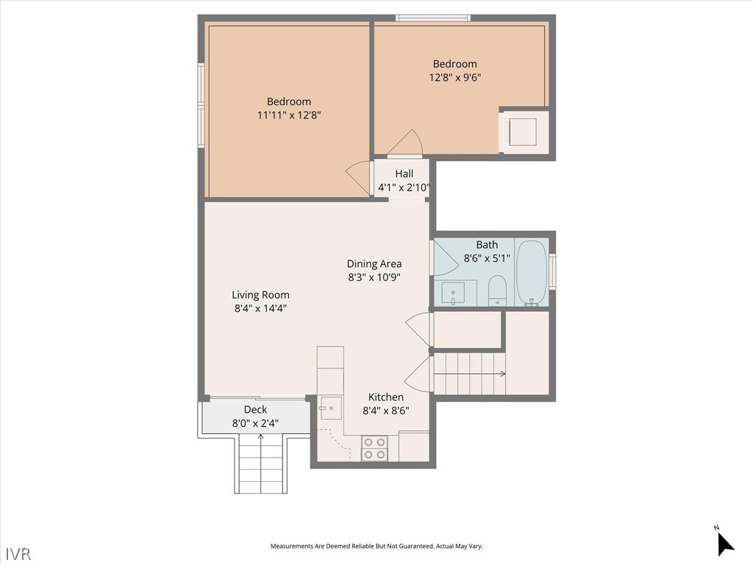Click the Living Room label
(260, 294)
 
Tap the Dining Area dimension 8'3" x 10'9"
(374, 277)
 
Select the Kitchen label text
(385, 397)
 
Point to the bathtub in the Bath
(531, 272)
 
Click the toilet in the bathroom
(497, 290)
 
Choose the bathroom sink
(453, 293)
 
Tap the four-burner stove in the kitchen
(374, 448)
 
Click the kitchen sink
(330, 408)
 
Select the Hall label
(404, 174)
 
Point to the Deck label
(255, 409)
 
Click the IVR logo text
(18, 553)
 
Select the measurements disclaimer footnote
(376, 546)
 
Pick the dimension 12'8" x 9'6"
(454, 77)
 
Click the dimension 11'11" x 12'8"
(288, 115)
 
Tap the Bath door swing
(444, 258)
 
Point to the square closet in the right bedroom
(523, 132)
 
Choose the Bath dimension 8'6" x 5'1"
(487, 258)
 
